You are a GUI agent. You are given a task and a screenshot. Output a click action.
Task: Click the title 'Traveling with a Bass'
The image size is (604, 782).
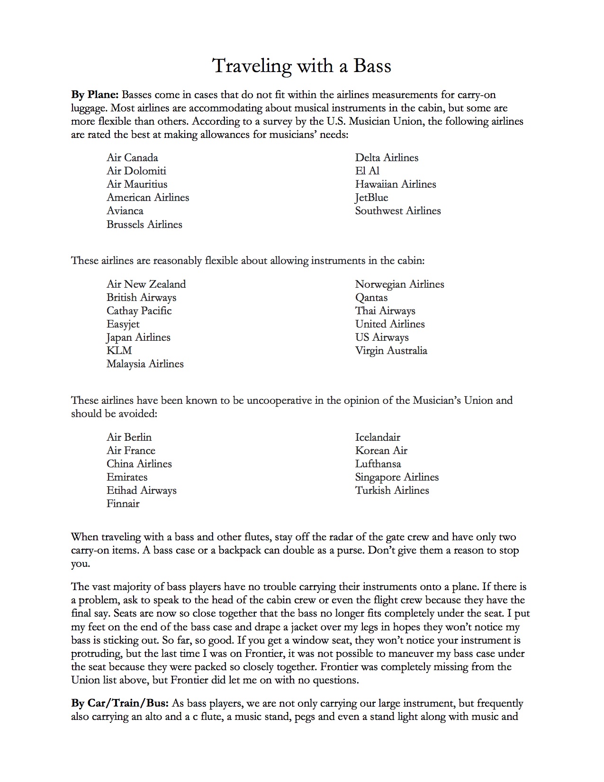302,66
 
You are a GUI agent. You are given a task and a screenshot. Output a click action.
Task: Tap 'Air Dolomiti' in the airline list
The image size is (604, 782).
136,171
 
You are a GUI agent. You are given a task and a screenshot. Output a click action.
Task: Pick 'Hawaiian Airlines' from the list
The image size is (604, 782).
396,184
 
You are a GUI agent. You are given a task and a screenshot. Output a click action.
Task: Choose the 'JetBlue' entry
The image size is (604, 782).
371,198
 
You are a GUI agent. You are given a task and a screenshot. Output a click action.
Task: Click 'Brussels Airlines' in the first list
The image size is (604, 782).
144,225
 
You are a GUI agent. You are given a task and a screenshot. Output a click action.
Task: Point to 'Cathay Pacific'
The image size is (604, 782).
139,311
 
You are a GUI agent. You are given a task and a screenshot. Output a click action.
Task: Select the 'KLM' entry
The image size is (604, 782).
119,351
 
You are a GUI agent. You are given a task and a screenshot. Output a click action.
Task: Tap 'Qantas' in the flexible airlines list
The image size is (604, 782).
371,298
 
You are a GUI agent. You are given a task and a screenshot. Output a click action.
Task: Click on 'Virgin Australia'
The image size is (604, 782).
391,351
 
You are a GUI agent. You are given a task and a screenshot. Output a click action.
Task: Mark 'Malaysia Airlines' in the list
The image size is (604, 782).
145,364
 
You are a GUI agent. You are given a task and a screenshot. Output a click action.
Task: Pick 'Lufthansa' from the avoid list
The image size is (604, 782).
378,464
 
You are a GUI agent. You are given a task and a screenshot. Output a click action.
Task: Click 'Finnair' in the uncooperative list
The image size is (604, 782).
123,504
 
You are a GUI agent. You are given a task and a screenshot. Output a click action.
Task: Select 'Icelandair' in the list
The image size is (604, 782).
378,437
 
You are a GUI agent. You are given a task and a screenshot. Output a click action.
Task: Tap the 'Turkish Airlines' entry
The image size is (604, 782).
392,491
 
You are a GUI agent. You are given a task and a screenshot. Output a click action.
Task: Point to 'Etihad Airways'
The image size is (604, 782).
142,491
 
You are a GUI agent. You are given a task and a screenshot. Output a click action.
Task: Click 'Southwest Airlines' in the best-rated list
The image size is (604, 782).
398,211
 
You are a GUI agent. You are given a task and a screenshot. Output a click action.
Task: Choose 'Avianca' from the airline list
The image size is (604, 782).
125,211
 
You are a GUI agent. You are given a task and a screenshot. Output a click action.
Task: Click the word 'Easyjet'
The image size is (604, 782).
123,324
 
